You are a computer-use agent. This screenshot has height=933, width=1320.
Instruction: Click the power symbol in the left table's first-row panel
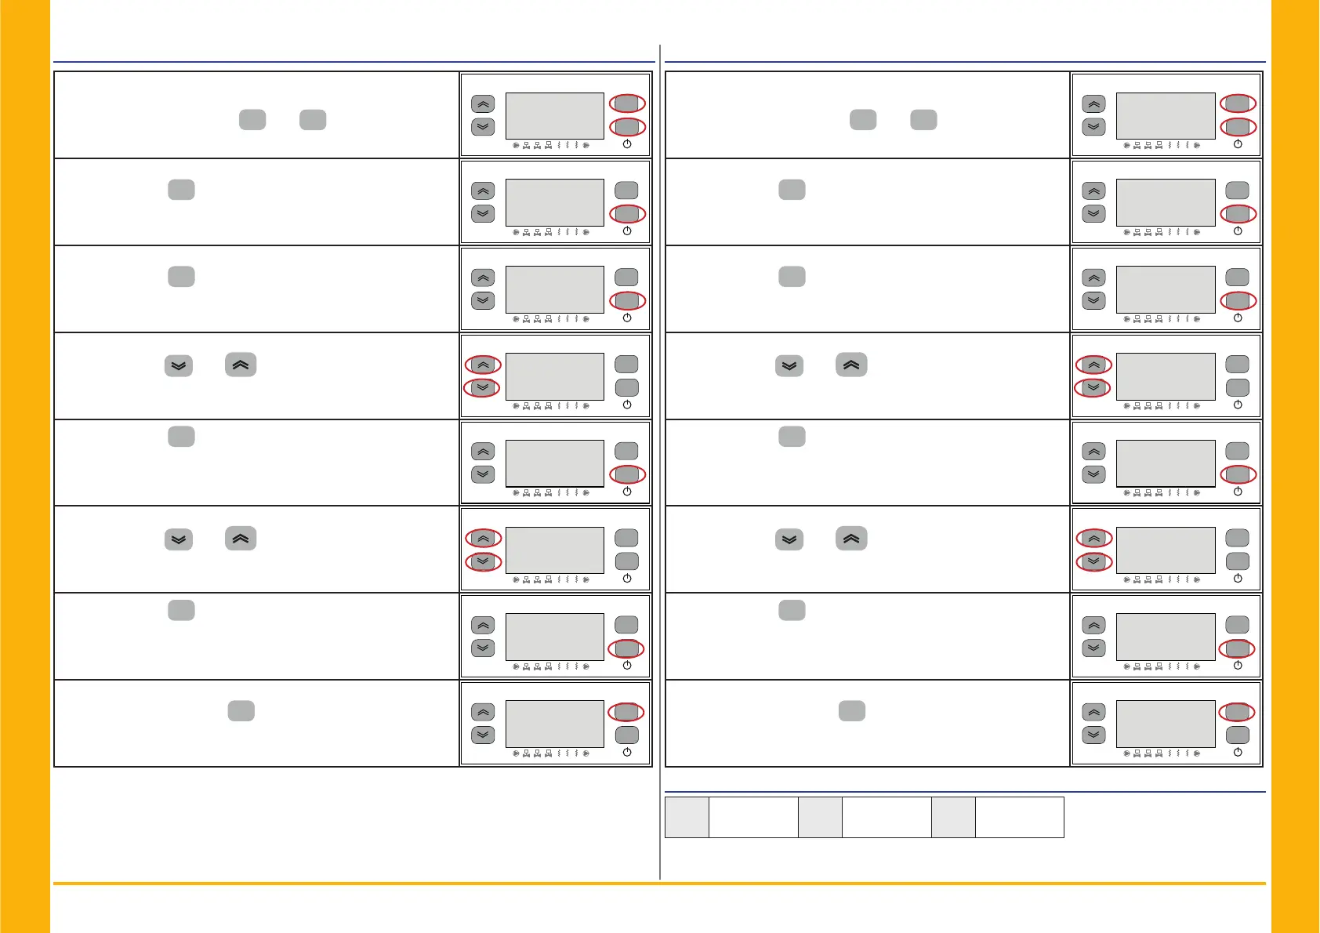coord(627,144)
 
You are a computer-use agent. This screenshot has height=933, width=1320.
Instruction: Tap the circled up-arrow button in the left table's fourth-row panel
coord(483,365)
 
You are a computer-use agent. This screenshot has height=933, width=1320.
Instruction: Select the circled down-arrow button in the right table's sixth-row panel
coord(1093,561)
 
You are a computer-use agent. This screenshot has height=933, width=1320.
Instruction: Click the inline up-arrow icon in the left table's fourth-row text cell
coord(241,365)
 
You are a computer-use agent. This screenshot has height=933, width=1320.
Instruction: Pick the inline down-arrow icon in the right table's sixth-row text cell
coord(789,540)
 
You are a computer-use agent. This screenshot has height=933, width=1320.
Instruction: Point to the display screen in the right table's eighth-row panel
coord(1166,724)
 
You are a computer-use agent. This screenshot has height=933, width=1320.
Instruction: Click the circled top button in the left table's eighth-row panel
coord(626,712)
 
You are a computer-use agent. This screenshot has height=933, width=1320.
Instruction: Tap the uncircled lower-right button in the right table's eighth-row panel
coord(1237,735)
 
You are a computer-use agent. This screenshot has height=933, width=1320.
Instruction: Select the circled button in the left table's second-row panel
coord(627,213)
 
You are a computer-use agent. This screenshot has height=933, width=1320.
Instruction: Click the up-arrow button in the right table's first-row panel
coord(1093,104)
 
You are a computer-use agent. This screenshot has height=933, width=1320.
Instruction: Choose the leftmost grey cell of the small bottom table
coord(687,817)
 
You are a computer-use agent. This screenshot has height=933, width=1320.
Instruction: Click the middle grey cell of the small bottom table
coord(820,817)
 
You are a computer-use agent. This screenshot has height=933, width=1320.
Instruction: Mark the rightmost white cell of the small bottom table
coord(1019,817)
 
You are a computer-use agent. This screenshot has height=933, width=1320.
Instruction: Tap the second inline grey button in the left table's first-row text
coord(313,120)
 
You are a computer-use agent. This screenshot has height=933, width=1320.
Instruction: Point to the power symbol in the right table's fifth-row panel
coord(1238,492)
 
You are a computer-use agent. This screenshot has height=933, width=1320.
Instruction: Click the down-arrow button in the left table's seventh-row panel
coord(483,648)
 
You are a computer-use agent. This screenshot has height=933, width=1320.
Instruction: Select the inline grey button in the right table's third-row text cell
coord(792,277)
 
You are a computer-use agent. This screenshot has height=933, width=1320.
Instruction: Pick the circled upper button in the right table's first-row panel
coord(1238,103)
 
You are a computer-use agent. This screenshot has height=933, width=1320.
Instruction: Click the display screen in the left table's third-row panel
coord(555,289)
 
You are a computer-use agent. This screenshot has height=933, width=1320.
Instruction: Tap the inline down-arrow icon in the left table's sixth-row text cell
coord(179,540)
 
